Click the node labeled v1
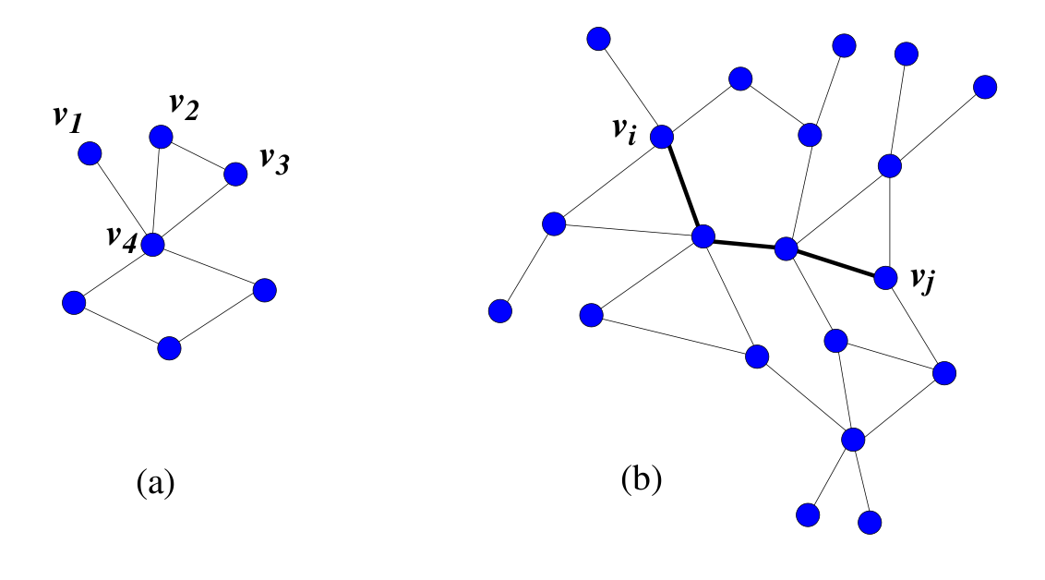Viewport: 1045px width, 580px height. coord(89,153)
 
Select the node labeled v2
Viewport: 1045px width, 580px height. coord(161,137)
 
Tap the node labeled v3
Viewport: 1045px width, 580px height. coord(235,174)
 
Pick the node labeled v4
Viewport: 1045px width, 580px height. coord(152,245)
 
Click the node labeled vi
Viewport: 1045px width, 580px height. coord(663,138)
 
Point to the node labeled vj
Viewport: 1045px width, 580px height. coord(885,276)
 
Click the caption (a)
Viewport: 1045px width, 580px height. coord(154,481)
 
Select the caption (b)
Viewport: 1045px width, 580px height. coord(642,478)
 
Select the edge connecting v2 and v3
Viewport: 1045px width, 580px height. coord(198,155)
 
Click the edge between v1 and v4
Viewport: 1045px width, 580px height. coord(120,199)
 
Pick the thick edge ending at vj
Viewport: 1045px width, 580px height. coord(835,262)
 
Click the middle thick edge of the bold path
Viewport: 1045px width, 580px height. coord(744,243)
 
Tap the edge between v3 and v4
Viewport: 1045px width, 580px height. coord(194,209)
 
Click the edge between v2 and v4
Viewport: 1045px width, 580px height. coord(157,190)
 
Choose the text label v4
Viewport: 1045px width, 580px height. coord(120,243)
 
